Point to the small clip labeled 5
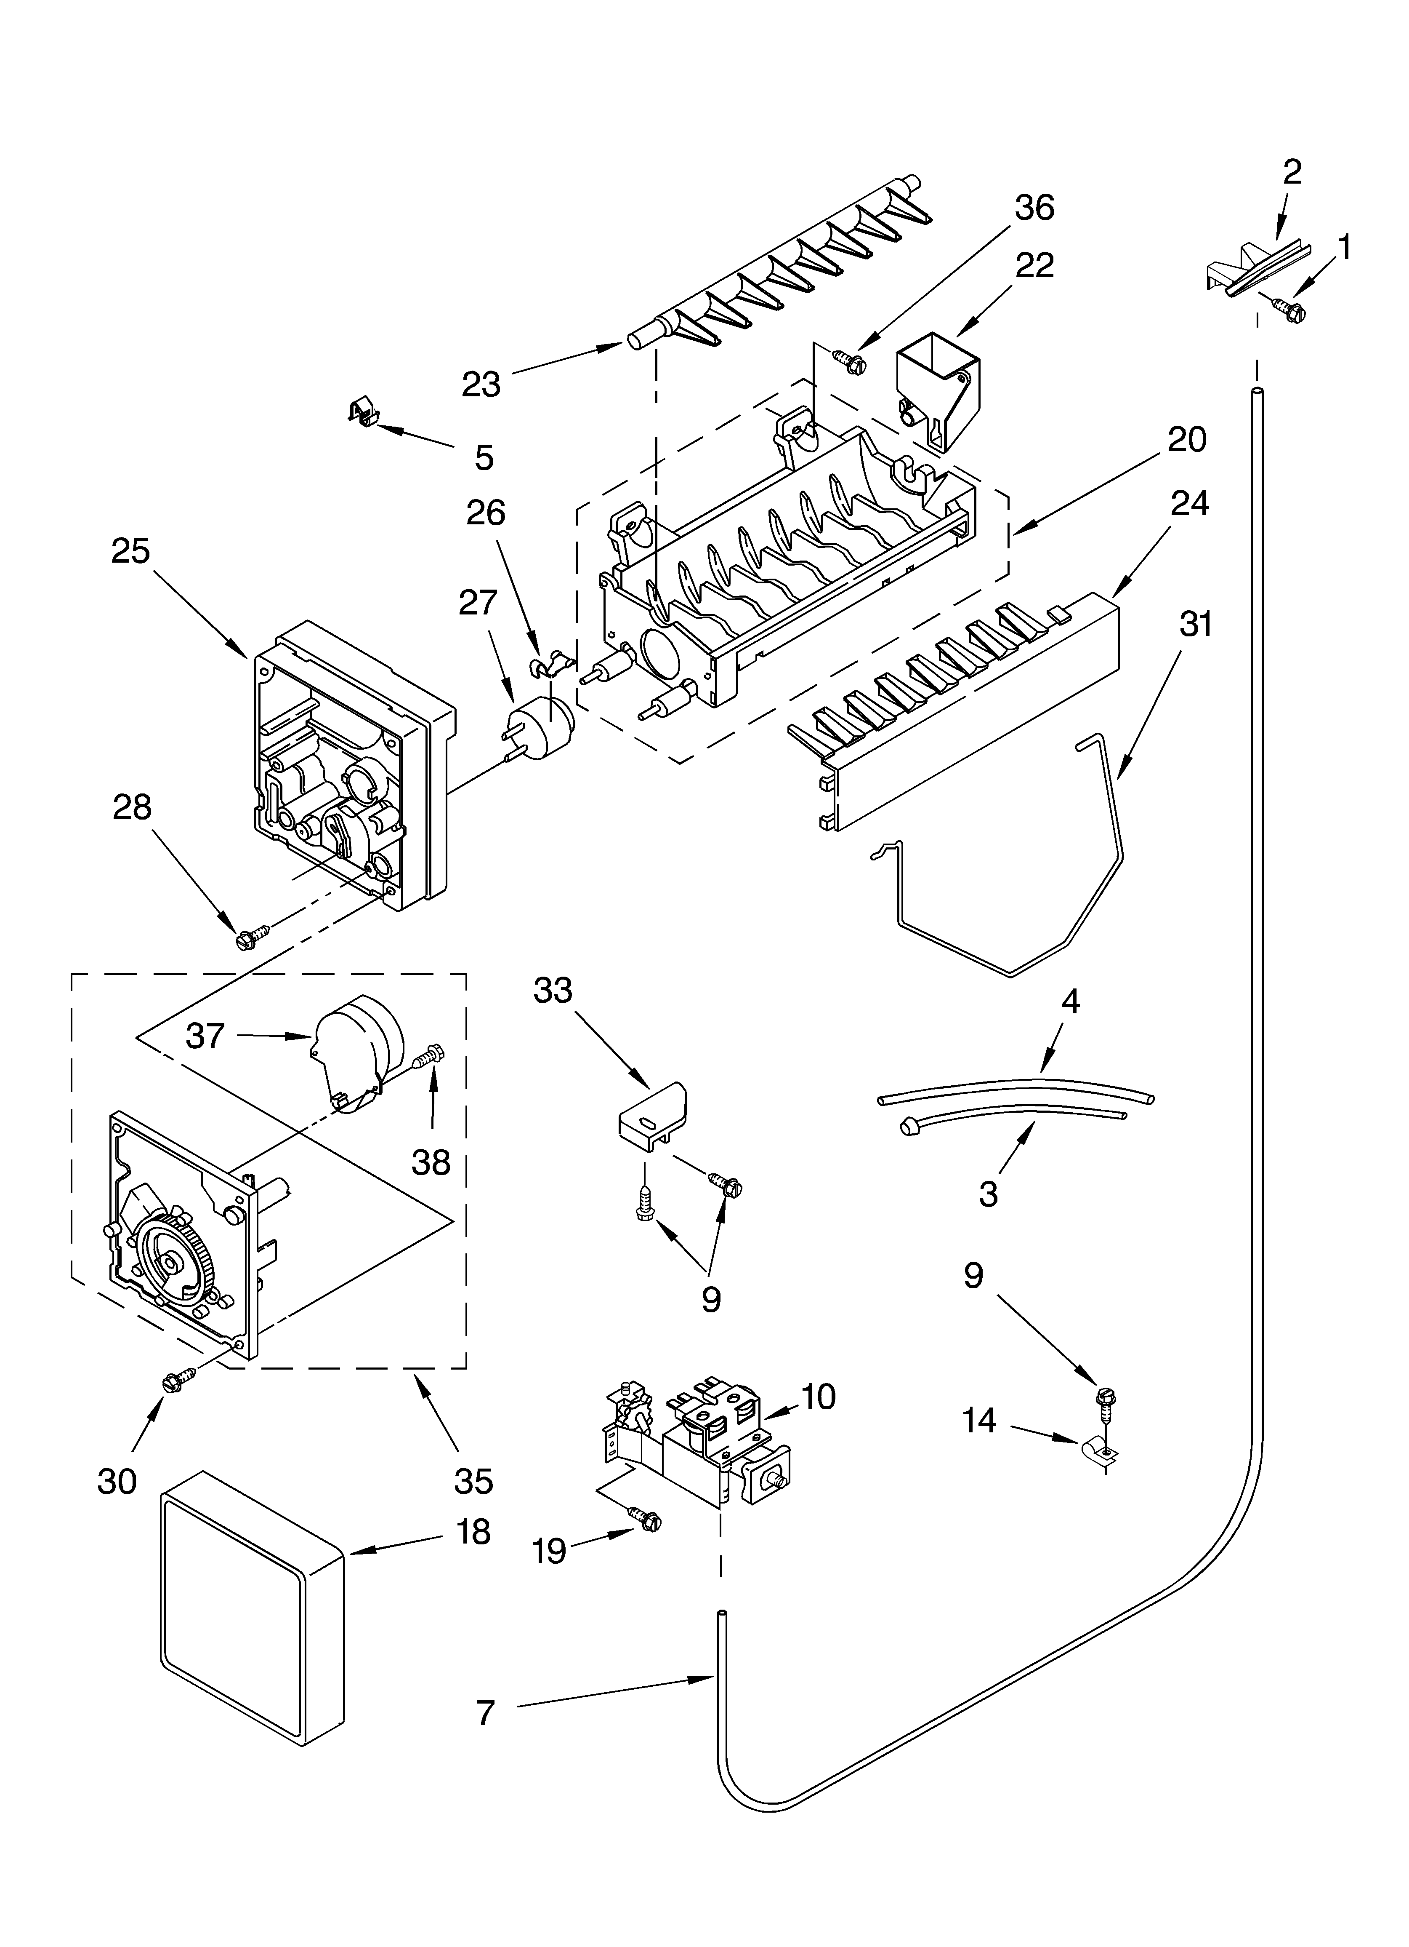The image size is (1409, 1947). [365, 412]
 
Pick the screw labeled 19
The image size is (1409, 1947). [645, 1520]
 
